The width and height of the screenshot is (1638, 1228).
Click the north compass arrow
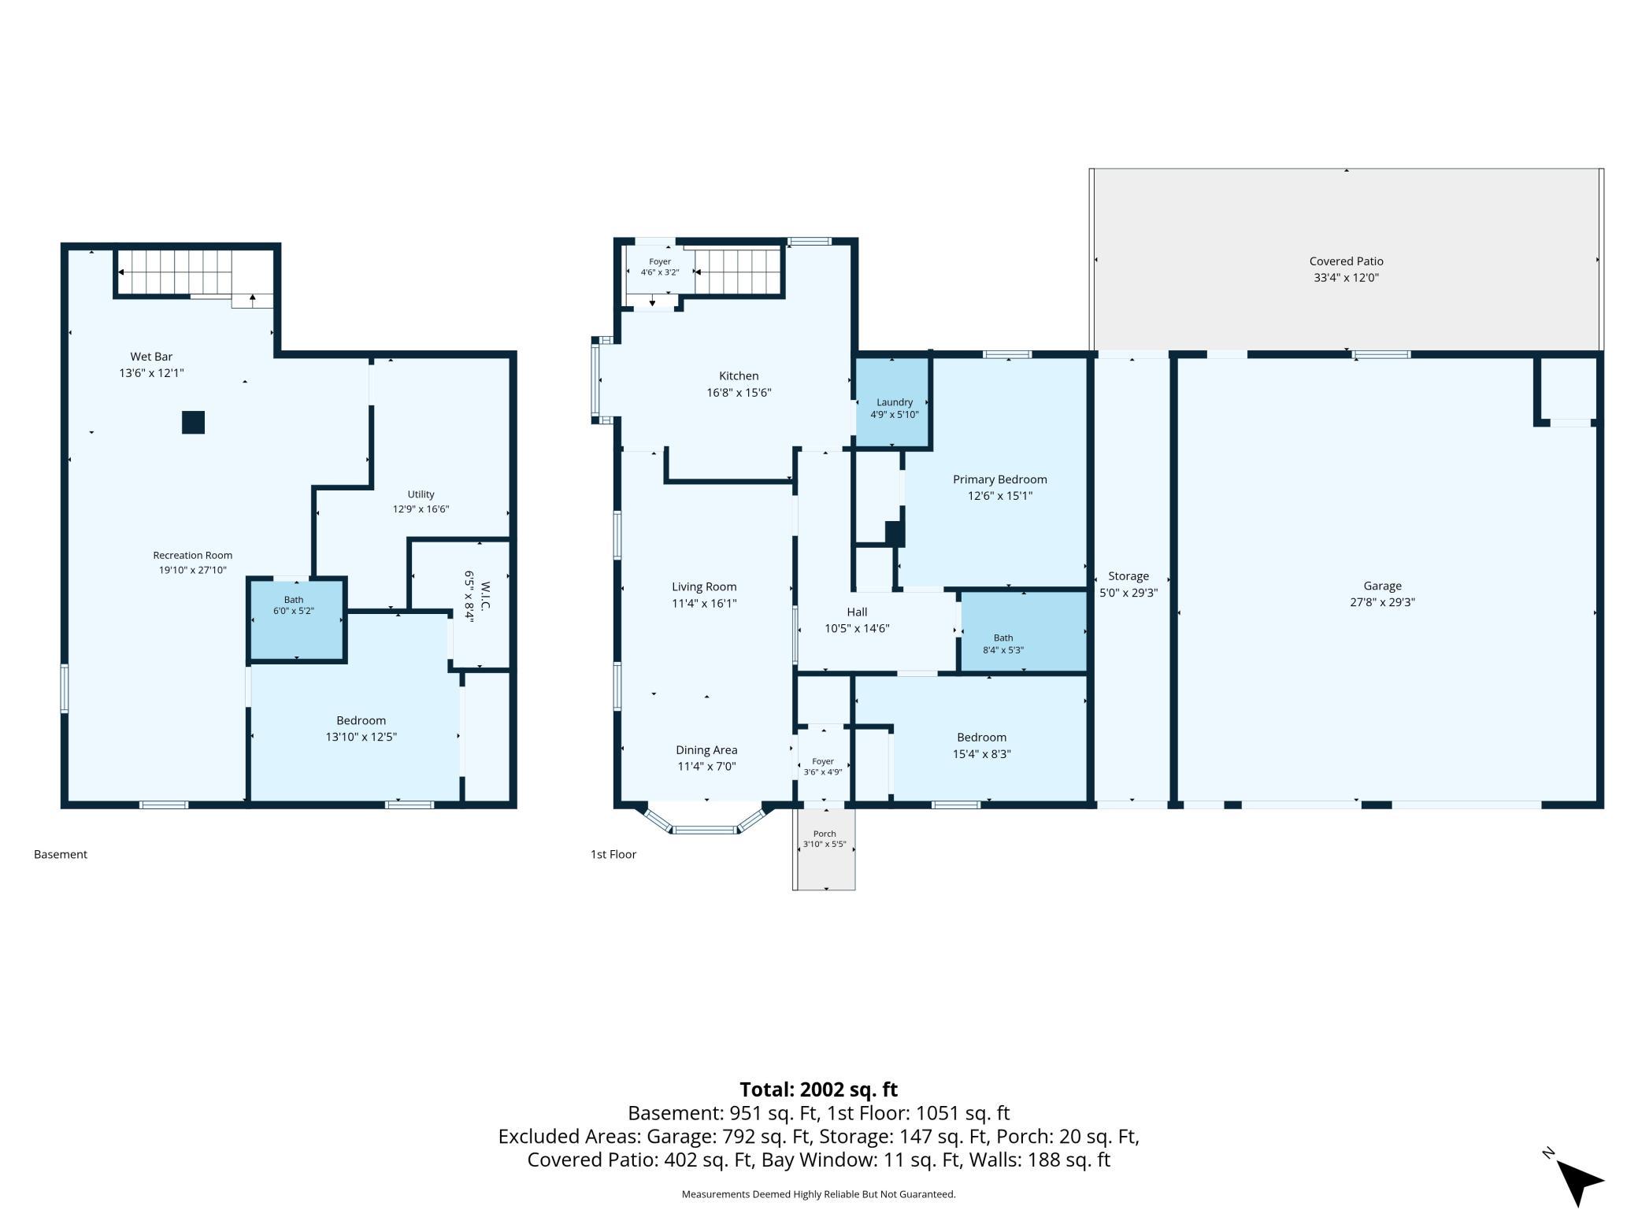click(1578, 1182)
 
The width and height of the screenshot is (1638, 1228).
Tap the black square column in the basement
click(194, 423)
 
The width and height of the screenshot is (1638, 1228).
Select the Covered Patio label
click(1346, 261)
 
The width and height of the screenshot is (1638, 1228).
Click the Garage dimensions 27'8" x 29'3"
click(1382, 602)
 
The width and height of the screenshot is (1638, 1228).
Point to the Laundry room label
click(895, 402)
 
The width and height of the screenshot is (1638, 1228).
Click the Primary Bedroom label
click(999, 479)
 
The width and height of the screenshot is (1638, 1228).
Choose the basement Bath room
click(297, 619)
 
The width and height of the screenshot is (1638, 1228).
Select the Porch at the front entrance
click(825, 847)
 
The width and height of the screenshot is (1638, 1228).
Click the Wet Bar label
click(151, 357)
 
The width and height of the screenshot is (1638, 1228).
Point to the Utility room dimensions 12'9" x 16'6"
click(421, 509)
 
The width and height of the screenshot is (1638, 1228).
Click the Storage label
click(1128, 576)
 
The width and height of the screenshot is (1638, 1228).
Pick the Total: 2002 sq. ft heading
click(818, 1089)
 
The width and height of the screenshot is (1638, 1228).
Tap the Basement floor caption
click(61, 854)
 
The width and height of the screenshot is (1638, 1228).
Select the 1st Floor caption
click(613, 854)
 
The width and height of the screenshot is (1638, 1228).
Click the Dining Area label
click(706, 750)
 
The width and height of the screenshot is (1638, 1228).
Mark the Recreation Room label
click(193, 555)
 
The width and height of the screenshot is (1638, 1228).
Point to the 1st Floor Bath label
click(1003, 638)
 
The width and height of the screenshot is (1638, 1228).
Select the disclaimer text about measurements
click(818, 1194)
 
